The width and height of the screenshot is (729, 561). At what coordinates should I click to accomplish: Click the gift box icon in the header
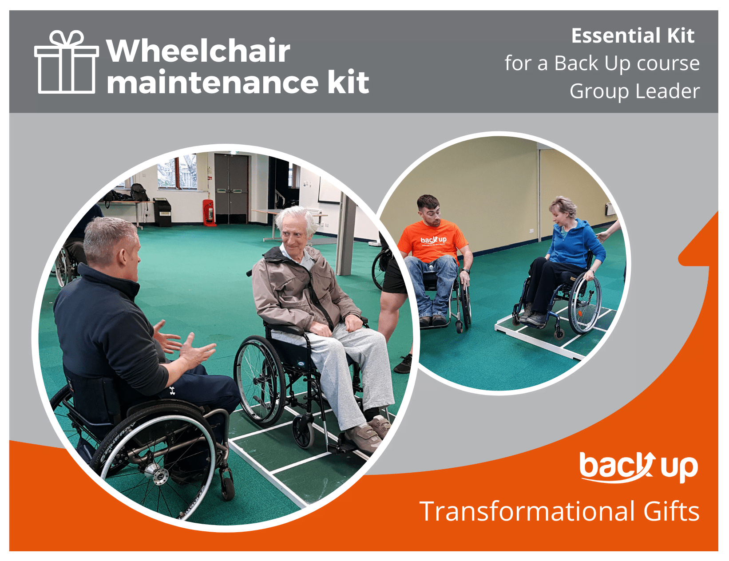click(x=67, y=63)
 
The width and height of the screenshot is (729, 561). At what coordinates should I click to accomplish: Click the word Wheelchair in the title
click(x=198, y=51)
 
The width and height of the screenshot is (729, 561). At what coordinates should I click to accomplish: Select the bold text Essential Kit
click(x=632, y=36)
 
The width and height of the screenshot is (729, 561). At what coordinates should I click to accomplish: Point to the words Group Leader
click(x=634, y=91)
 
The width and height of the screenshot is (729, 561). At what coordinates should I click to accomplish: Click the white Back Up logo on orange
click(x=638, y=467)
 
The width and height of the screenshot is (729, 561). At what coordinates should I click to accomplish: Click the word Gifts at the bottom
click(x=671, y=512)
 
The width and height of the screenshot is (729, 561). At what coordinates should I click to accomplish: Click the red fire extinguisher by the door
click(x=208, y=213)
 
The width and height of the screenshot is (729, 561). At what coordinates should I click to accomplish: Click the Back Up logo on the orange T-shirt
click(x=433, y=240)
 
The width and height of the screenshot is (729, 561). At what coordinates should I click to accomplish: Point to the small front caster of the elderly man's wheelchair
click(x=304, y=432)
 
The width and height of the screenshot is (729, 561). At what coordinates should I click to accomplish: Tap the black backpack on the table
click(x=139, y=193)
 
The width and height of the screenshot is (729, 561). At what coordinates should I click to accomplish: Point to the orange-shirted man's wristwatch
click(x=466, y=270)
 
